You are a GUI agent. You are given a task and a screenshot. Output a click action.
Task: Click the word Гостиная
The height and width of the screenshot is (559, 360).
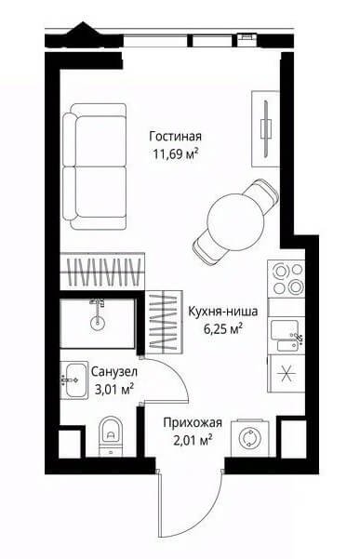click(x=176, y=136)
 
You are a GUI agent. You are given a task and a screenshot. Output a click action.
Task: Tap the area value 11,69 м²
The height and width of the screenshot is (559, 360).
click(x=176, y=154)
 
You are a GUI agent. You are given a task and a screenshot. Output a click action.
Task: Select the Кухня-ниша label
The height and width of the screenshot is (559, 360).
click(x=222, y=312)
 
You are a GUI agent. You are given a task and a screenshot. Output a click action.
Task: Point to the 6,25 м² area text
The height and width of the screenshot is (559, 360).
click(x=223, y=328)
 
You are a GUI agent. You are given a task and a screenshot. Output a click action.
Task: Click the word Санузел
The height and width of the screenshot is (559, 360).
click(x=114, y=372)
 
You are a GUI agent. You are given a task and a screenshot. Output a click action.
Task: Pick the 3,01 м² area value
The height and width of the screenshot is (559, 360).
click(x=114, y=389)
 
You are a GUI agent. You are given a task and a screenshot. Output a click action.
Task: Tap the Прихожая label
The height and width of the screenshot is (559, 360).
click(x=193, y=423)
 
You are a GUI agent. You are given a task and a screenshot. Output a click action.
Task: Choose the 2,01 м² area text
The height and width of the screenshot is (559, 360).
click(x=193, y=441)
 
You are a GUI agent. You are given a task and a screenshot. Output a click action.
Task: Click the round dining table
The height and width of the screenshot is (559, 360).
click(x=235, y=221)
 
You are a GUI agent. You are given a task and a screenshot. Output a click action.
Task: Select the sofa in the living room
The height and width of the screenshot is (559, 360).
click(x=95, y=166)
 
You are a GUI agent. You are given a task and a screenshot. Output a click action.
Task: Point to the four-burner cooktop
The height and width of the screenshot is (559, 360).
click(x=287, y=278)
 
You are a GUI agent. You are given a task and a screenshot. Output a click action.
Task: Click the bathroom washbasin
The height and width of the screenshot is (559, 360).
click(x=74, y=380)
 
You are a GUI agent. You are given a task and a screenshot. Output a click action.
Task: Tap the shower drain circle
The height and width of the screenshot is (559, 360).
click(x=97, y=323)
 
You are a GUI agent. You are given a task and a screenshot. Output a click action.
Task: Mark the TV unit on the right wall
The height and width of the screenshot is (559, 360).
click(x=265, y=128)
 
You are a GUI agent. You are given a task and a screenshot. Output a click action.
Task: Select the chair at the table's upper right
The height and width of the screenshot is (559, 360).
click(x=263, y=194)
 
